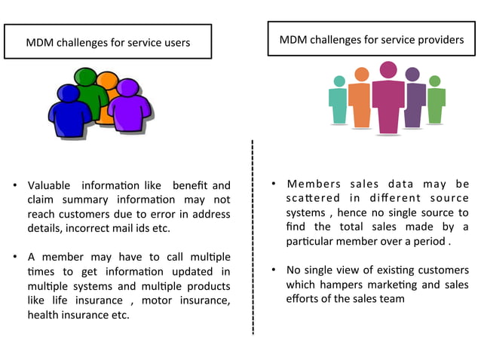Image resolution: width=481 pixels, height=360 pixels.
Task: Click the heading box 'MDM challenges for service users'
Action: coord(108,41)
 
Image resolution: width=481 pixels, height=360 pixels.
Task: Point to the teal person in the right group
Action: coord(339,102)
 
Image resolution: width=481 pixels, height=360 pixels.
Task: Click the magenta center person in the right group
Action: coord(388,102)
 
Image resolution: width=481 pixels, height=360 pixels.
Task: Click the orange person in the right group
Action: coord(361,102)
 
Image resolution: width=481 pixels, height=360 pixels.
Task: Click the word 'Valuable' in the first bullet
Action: coord(49,186)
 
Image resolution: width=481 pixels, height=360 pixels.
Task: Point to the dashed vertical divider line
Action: coord(252,241)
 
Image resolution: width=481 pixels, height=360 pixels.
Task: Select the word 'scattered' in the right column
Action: coord(309,198)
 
